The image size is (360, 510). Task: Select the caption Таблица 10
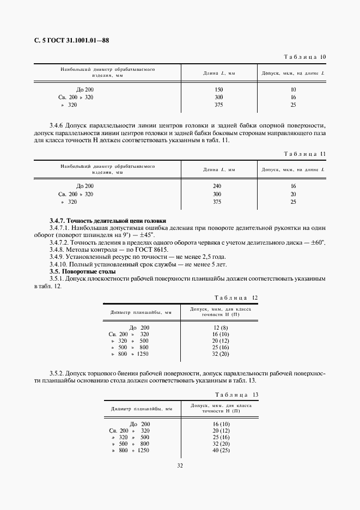(305, 57)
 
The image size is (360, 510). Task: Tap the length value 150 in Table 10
(219, 89)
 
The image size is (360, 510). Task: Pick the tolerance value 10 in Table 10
(293, 89)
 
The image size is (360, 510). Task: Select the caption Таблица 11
(305, 154)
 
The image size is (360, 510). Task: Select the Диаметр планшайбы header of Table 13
(142, 408)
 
